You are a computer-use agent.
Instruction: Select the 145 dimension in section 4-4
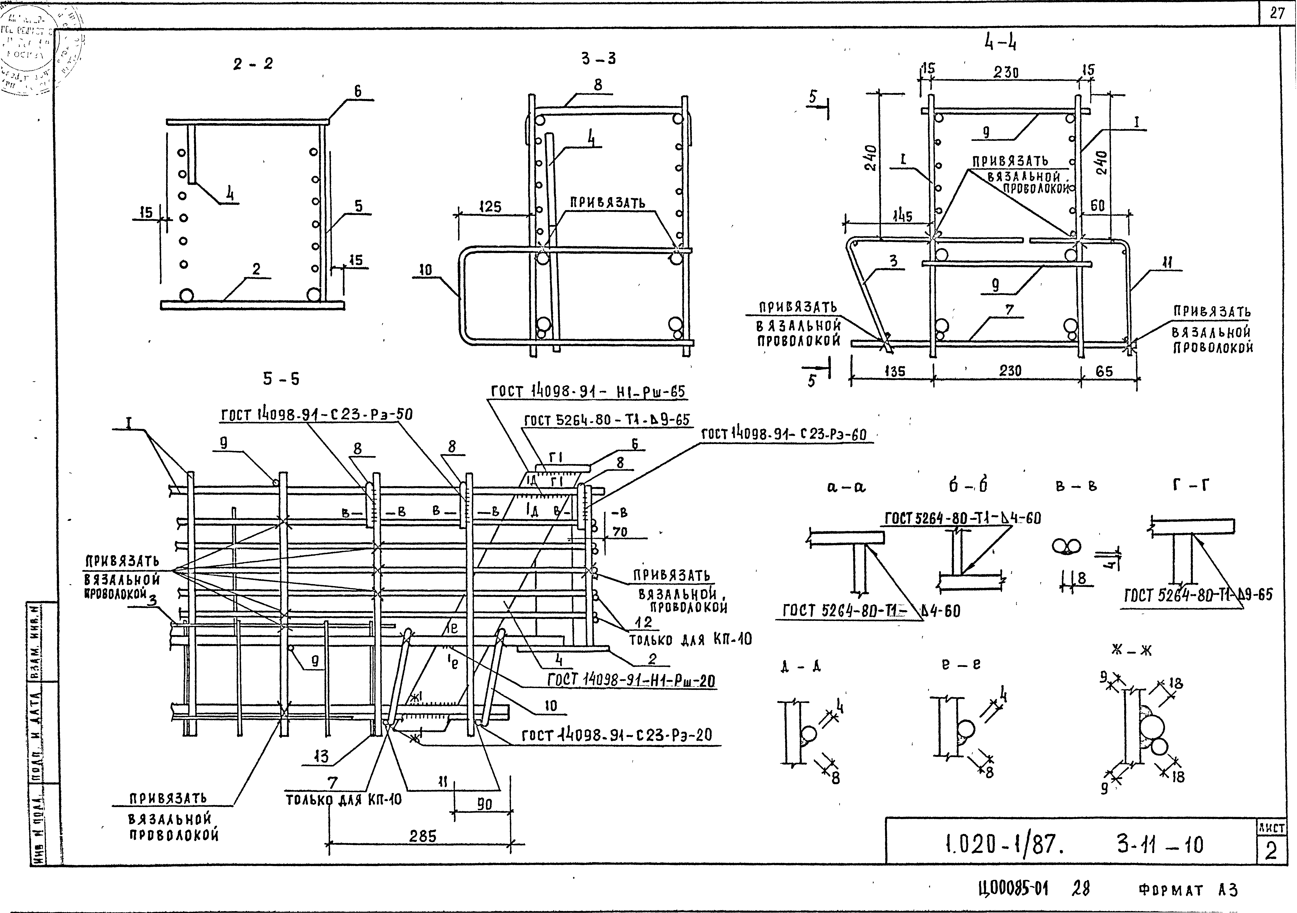tap(902, 216)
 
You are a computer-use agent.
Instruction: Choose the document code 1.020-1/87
tap(1004, 845)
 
